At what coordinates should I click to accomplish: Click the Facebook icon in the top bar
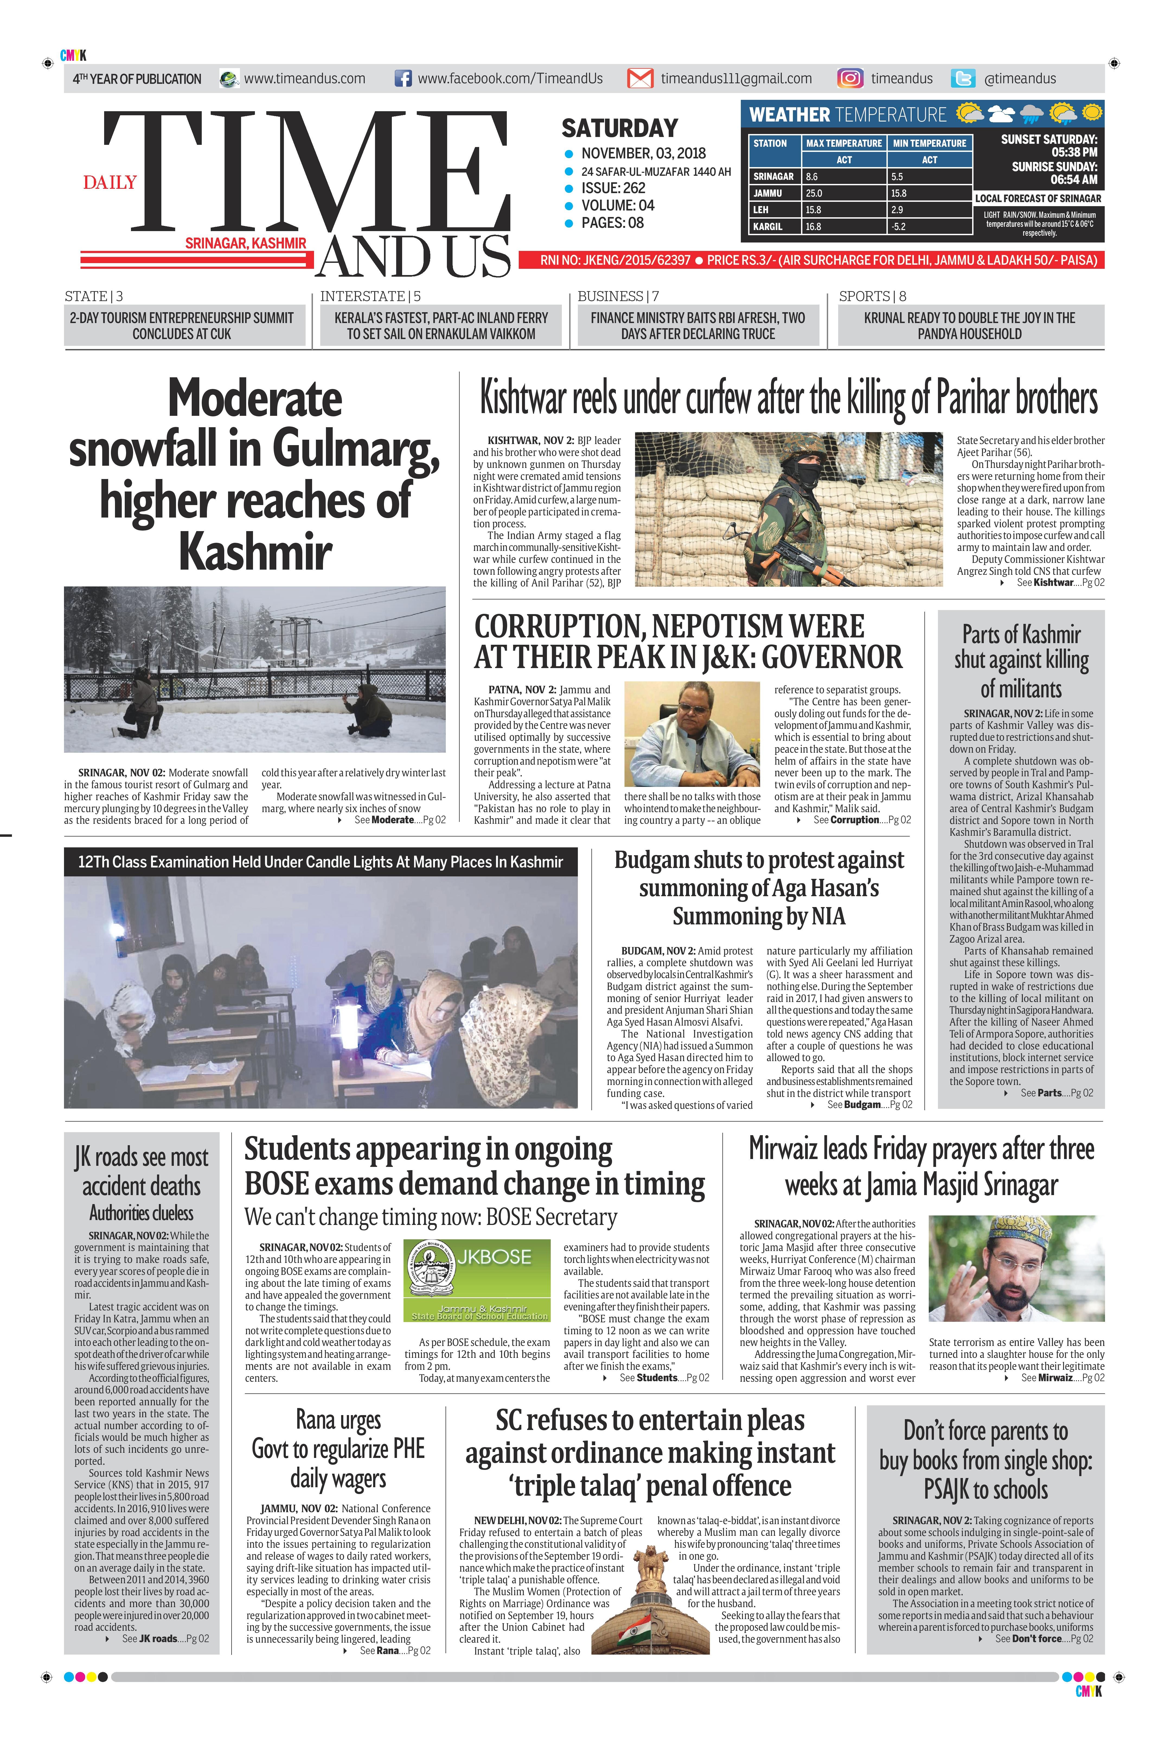[403, 78]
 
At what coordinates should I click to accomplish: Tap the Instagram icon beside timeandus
[849, 78]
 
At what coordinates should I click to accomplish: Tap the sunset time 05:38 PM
[1074, 152]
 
